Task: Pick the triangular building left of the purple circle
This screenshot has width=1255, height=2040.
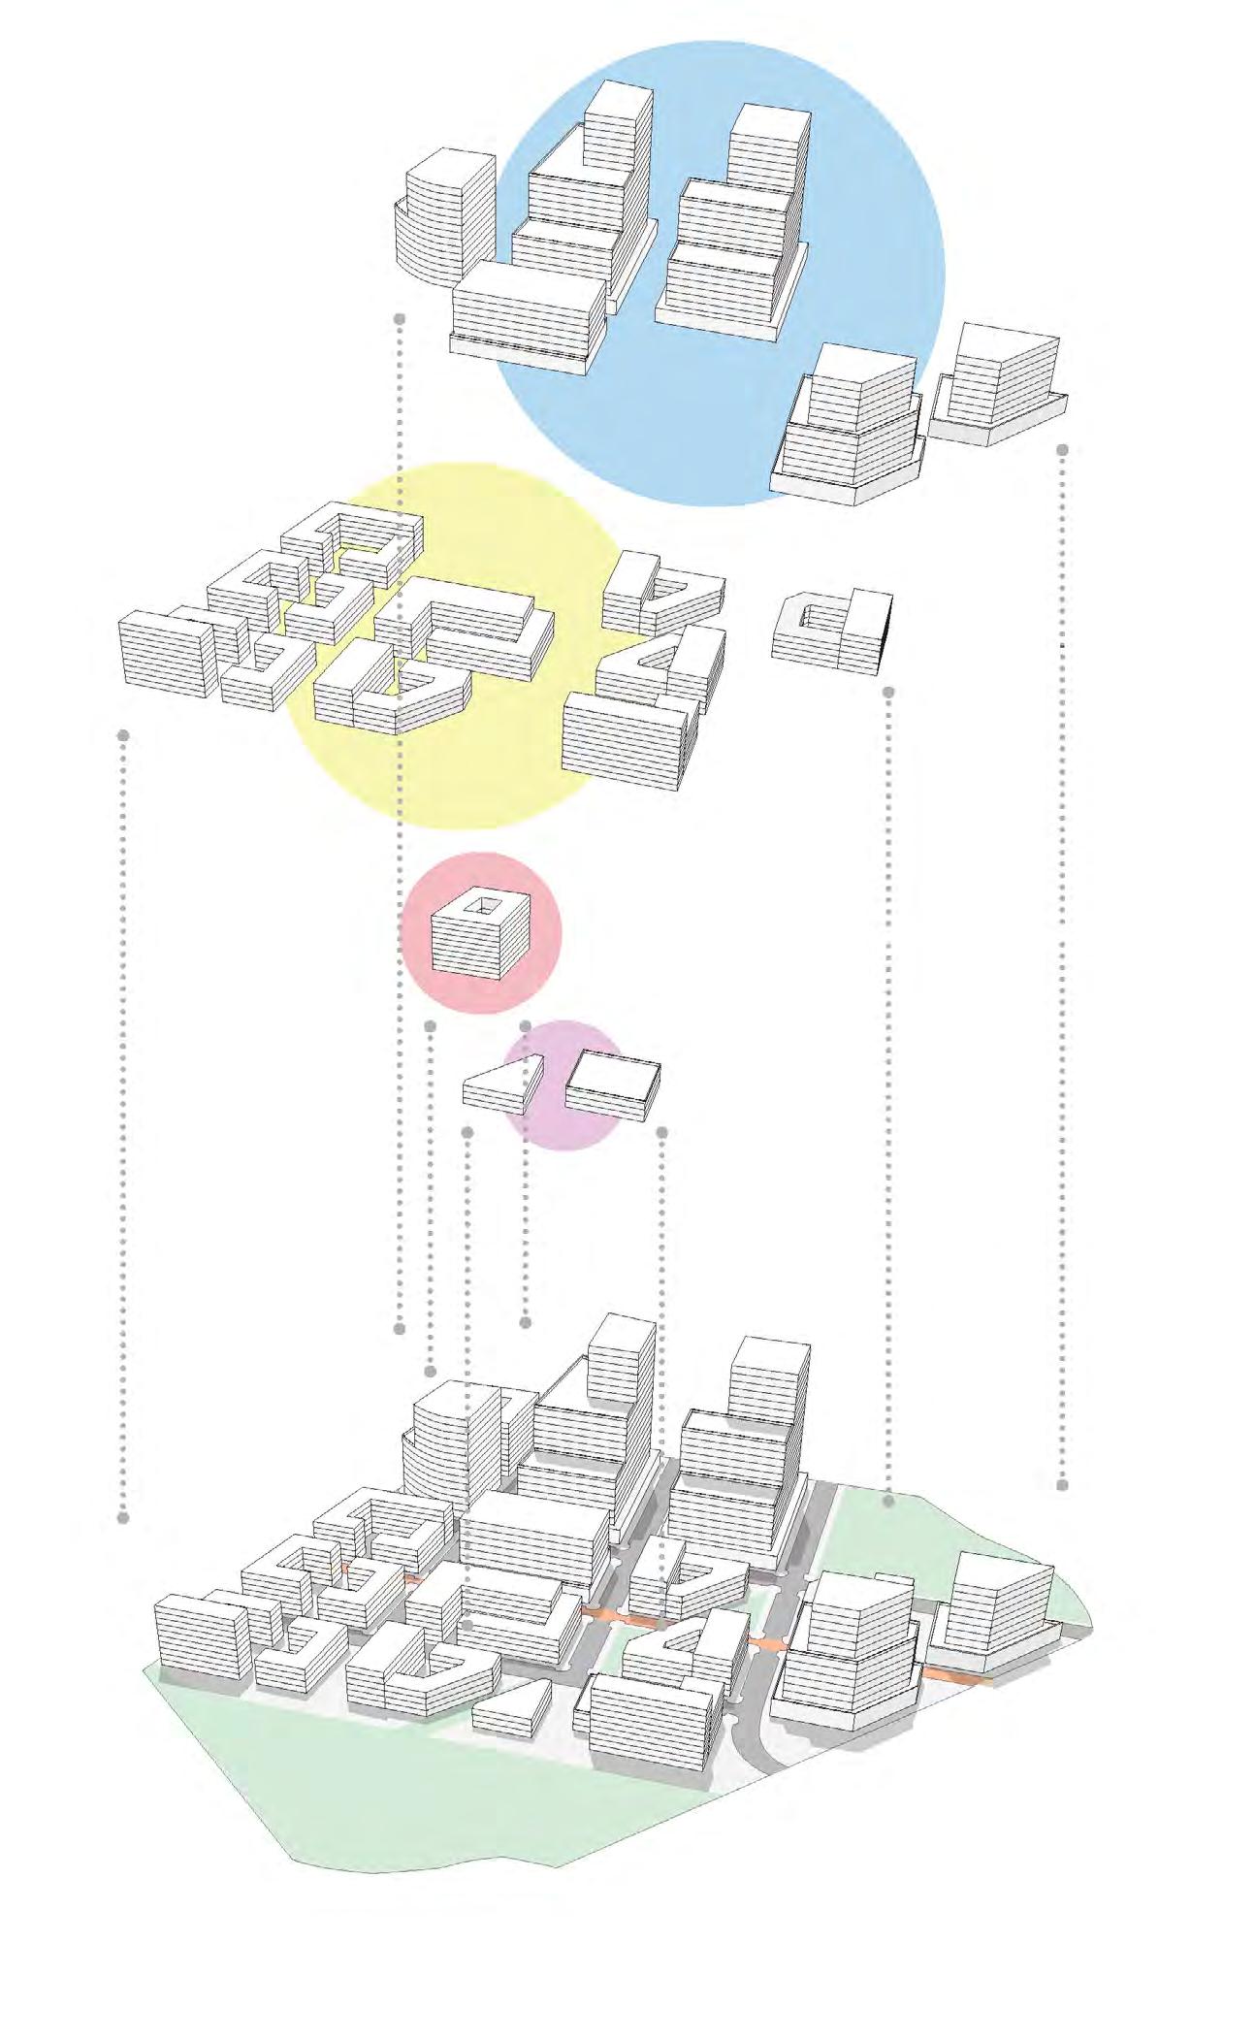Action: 497,1087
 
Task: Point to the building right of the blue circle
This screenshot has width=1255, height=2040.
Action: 999,383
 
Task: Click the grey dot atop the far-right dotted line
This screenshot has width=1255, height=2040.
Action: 1062,450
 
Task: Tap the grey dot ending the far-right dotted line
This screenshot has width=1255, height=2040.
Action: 1062,1484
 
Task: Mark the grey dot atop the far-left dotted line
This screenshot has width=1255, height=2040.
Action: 123,735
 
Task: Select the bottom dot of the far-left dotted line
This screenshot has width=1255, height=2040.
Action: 123,1517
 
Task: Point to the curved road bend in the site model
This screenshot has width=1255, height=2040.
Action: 756,1746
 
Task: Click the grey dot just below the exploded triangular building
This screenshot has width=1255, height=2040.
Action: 467,1132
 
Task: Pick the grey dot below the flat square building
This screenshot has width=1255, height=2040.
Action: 662,1132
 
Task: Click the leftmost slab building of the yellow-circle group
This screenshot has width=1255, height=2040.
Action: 165,652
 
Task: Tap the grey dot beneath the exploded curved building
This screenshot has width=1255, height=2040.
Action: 400,318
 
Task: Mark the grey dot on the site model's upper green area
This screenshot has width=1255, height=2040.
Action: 888,1501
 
